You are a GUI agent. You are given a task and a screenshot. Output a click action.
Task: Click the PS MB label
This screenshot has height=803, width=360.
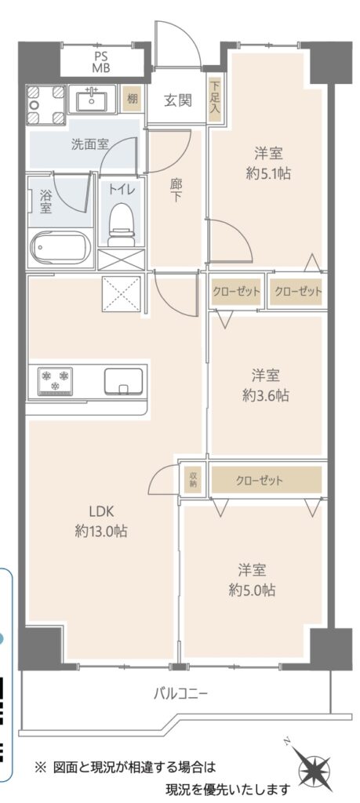click(101, 62)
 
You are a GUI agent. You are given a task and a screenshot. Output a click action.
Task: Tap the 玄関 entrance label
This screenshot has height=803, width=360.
click(178, 100)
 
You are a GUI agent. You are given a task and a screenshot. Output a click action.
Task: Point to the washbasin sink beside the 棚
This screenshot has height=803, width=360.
click(93, 99)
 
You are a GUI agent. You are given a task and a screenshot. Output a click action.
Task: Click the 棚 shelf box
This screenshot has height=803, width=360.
click(132, 99)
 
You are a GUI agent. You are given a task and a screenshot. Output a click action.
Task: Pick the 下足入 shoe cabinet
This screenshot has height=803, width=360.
click(214, 99)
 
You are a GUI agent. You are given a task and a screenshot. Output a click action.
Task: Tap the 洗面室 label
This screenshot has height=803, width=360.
click(90, 144)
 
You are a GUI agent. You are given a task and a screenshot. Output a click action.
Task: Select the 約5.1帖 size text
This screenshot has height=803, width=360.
click(268, 173)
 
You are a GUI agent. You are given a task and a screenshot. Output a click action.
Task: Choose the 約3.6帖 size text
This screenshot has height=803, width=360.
click(266, 395)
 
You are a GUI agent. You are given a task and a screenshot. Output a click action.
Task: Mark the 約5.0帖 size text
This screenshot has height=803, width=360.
click(252, 590)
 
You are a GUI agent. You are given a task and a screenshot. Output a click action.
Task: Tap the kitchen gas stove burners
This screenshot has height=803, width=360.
click(56, 380)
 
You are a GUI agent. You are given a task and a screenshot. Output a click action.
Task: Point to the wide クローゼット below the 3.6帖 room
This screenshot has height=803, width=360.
click(267, 480)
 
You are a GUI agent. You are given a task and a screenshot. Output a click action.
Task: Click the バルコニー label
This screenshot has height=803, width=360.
click(180, 695)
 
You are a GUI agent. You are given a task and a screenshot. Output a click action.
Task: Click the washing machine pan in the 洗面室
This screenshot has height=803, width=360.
click(46, 104)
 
